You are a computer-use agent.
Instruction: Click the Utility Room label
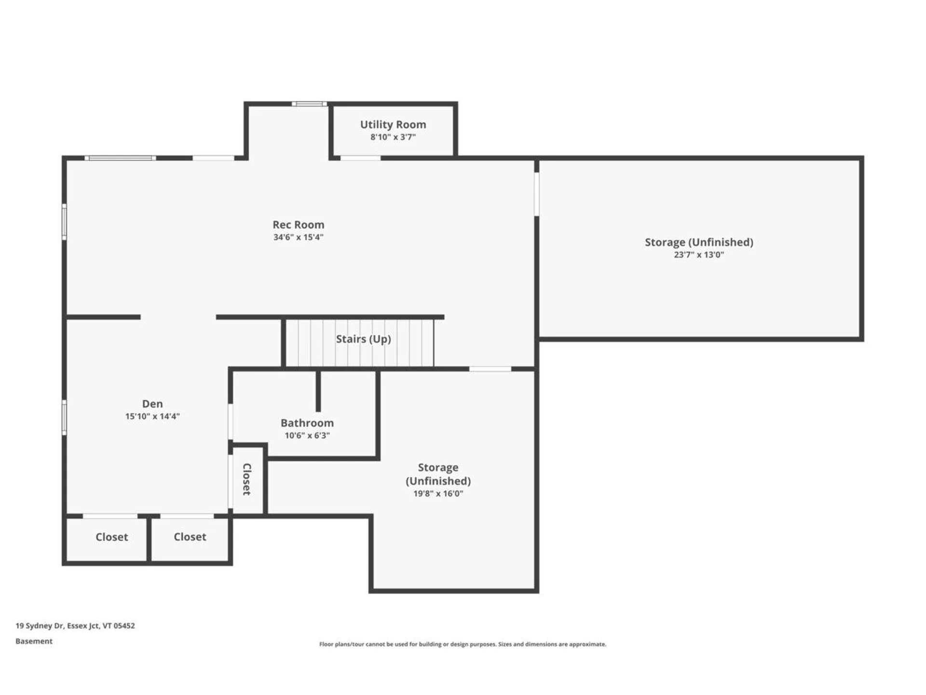(393, 125)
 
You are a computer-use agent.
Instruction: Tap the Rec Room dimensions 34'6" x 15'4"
(298, 237)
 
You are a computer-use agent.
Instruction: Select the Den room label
(152, 403)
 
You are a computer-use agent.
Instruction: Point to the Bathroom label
(307, 423)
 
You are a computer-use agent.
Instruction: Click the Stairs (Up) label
(363, 339)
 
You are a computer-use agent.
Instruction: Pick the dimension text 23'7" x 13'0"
(699, 255)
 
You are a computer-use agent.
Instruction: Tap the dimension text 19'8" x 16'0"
(438, 493)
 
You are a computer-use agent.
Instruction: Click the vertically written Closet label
(246, 479)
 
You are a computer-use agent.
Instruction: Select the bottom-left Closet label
(112, 537)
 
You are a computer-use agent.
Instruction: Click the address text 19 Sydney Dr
(39, 625)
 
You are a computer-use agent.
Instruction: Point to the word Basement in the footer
(34, 641)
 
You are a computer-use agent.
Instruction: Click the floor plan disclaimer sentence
(463, 644)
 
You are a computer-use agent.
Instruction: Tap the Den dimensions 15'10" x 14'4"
(152, 416)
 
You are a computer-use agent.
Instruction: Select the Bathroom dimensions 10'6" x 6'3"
(307, 435)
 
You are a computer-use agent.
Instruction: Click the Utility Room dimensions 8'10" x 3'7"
(393, 137)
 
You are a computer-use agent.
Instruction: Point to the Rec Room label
(299, 224)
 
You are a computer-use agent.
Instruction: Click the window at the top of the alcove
(309, 104)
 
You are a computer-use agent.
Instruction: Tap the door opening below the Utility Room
(361, 158)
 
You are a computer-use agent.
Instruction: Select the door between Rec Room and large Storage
(536, 194)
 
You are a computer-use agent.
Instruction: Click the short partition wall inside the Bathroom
(318, 391)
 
